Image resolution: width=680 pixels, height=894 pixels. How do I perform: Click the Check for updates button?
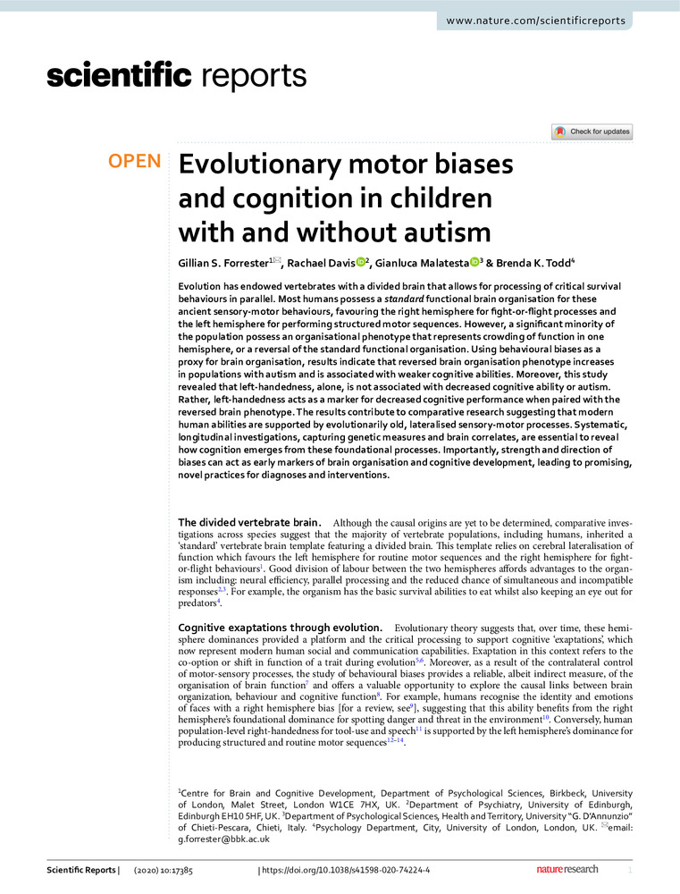(592, 131)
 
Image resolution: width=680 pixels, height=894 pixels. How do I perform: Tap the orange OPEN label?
(134, 163)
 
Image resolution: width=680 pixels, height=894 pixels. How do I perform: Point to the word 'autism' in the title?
(444, 232)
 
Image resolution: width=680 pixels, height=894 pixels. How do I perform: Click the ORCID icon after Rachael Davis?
(360, 265)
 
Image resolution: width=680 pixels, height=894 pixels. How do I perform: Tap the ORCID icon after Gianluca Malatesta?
(474, 265)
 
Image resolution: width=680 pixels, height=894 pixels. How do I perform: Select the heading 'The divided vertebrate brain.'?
(249, 522)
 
